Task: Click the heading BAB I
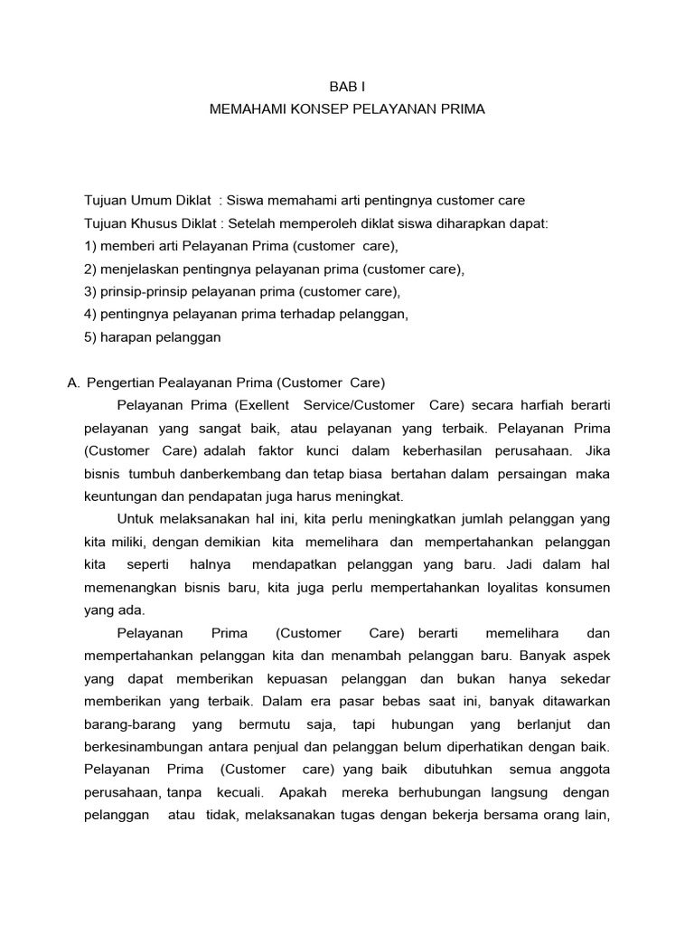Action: (x=347, y=86)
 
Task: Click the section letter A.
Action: (x=73, y=383)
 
